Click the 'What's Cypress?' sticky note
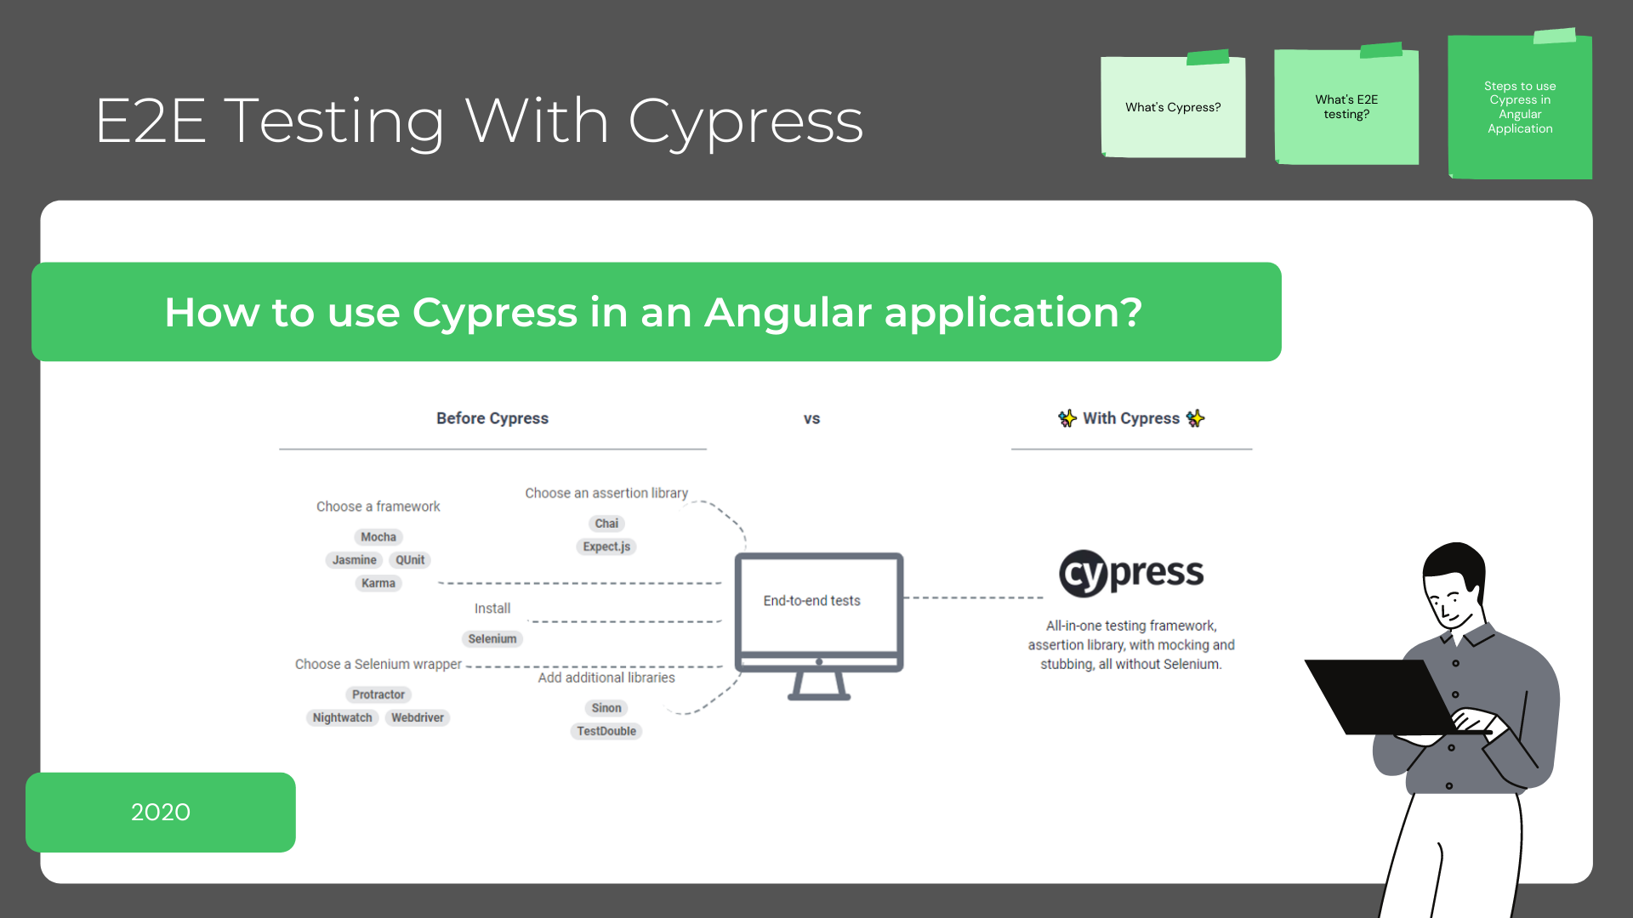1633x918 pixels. click(1173, 107)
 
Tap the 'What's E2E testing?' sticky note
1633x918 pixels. click(1346, 107)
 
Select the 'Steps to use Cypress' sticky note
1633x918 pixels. click(1520, 107)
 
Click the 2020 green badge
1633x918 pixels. click(161, 812)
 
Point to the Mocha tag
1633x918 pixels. click(378, 537)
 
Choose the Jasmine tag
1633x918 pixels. click(354, 560)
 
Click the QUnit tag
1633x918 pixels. click(410, 560)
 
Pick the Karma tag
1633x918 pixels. click(378, 583)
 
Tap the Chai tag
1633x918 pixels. click(606, 524)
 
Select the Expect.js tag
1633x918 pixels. click(606, 547)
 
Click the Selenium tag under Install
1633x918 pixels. click(492, 639)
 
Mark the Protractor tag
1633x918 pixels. click(378, 694)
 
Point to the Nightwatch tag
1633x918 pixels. click(342, 717)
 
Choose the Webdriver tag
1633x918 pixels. click(418, 717)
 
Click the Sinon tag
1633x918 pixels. click(606, 708)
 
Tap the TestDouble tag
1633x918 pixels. click(606, 731)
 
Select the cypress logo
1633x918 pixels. click(1131, 573)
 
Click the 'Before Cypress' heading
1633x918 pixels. click(492, 418)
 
